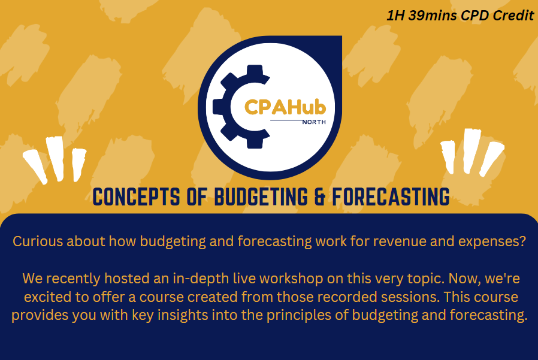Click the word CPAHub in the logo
click(285, 107)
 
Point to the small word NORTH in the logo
click(315, 122)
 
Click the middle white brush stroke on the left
click(55, 158)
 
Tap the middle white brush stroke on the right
click(471, 151)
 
